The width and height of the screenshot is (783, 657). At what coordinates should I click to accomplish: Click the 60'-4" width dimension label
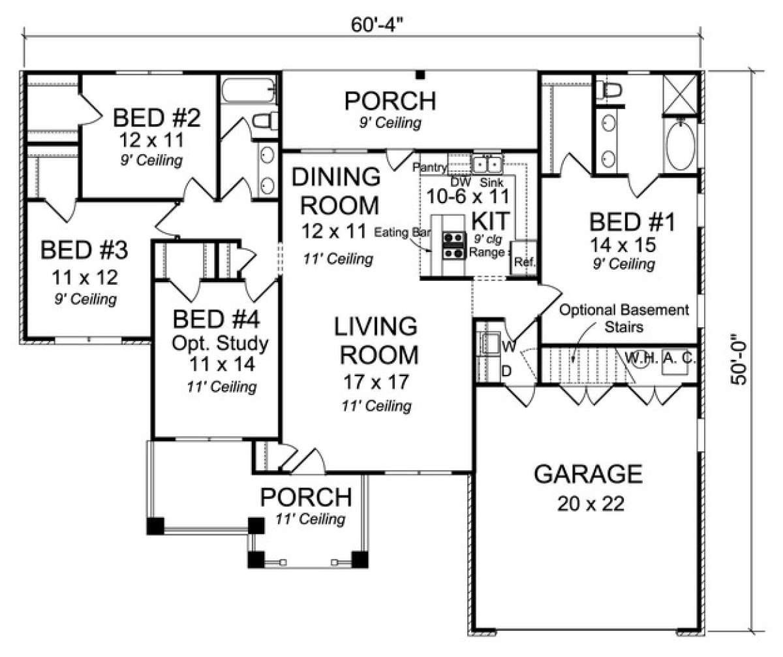(377, 25)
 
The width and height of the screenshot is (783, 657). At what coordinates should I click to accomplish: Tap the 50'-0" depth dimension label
(739, 359)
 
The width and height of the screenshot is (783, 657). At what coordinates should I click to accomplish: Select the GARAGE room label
(589, 473)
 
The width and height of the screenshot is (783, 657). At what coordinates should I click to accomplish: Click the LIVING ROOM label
(376, 340)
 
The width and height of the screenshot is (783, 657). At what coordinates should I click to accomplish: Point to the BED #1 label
(632, 222)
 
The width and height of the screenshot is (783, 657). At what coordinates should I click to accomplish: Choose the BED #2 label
(157, 118)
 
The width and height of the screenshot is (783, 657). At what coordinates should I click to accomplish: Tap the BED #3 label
(84, 249)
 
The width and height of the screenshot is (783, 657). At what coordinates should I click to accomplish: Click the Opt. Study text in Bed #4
(220, 344)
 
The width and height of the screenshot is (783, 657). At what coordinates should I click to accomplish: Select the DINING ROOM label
(336, 191)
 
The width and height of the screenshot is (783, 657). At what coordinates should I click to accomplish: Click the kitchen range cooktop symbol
(453, 246)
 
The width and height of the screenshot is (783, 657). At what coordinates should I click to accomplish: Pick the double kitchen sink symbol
(487, 164)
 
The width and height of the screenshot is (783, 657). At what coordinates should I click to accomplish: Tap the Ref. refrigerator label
(524, 262)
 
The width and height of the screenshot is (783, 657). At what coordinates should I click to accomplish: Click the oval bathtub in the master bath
(681, 145)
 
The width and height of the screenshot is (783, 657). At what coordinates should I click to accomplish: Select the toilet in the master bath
(609, 91)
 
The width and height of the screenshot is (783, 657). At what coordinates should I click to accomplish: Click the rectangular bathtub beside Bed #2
(249, 90)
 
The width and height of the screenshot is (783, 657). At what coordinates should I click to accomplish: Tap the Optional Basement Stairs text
(624, 318)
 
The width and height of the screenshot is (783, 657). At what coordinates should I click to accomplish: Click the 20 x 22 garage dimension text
(591, 504)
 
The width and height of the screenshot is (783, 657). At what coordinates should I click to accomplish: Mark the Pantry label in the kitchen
(429, 167)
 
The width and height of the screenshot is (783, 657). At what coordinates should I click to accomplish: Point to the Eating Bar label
(402, 232)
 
